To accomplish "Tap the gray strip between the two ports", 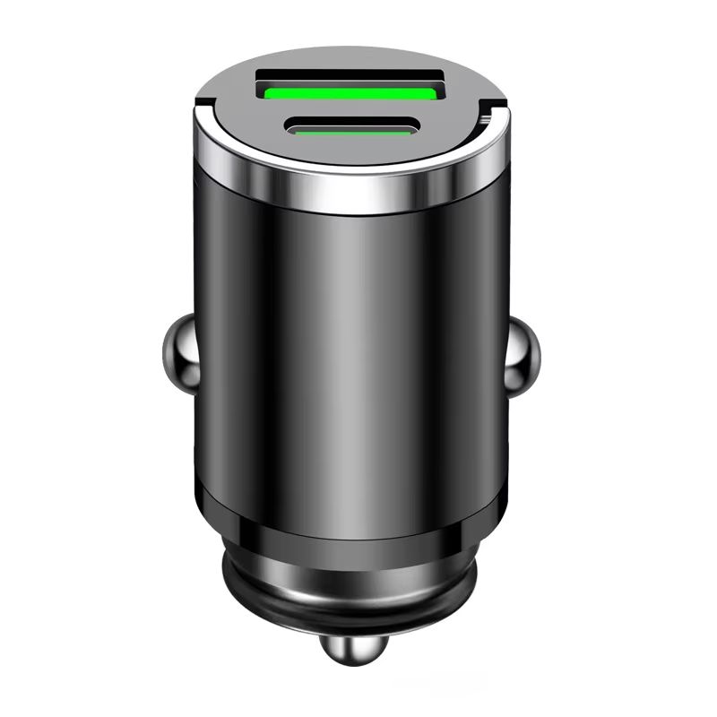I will click(x=351, y=109).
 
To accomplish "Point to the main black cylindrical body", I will click(x=350, y=358).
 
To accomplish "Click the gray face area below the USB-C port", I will click(x=350, y=152).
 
